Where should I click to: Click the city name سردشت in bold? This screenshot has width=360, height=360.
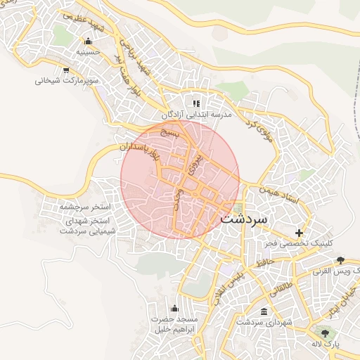[x=244, y=219]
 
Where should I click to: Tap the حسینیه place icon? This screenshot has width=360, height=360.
[x=88, y=41]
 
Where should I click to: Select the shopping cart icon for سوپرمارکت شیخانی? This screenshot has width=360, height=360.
[x=66, y=70]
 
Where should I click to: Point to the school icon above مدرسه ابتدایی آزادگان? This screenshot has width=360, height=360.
[x=196, y=103]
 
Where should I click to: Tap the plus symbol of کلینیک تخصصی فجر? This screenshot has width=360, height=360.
[x=300, y=233]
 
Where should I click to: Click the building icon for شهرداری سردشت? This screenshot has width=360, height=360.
[x=264, y=311]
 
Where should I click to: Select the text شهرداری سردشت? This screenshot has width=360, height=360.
[x=264, y=322]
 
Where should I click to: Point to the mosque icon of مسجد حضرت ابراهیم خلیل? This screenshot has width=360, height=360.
[x=174, y=308]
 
